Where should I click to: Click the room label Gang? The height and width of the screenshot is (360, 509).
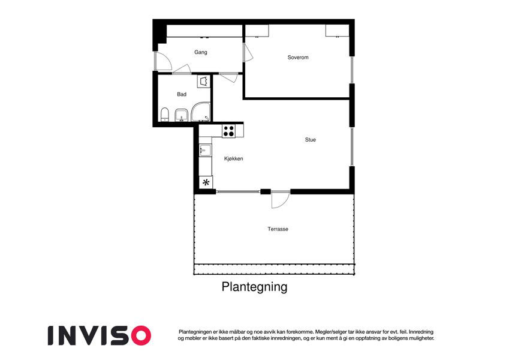pos(201,52)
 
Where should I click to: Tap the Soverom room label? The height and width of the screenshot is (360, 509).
pos(297,58)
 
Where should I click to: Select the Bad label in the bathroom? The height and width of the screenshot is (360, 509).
pos(182,94)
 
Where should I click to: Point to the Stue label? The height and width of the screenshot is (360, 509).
pos(310,140)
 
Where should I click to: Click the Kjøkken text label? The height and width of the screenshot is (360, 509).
pos(233,158)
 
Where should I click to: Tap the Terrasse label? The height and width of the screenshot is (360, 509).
pos(278,229)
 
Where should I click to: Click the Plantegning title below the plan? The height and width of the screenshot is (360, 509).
pos(254,287)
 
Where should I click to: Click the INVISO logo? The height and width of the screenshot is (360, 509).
pos(99,335)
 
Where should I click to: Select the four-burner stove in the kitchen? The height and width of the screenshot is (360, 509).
pos(229,130)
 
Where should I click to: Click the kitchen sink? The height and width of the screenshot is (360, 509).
pos(204,150)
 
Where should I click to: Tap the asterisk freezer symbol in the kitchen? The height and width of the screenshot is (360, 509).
pos(206,183)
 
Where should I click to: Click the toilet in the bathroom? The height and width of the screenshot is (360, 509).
pos(164,114)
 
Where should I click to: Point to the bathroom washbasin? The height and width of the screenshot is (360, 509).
pos(181,115)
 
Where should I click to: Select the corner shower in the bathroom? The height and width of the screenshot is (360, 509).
pos(201,112)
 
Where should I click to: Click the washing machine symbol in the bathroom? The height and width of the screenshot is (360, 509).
pos(204,81)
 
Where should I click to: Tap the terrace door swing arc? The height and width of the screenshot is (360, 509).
pos(280,200)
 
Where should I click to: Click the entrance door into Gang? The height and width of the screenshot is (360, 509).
pos(161,61)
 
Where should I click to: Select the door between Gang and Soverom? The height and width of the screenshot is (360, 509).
pos(247,52)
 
